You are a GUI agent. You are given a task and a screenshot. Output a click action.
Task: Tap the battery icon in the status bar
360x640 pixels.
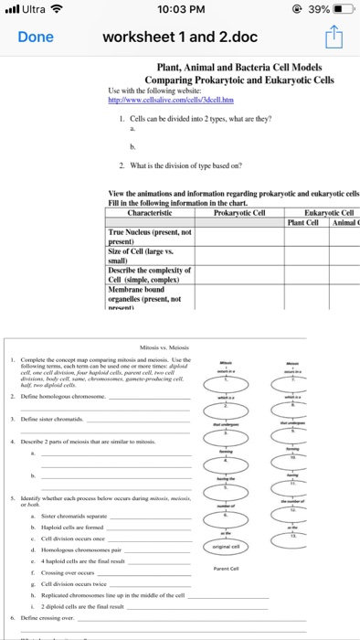click(x=345, y=10)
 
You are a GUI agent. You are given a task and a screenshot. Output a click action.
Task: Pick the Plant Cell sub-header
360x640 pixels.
click(x=306, y=221)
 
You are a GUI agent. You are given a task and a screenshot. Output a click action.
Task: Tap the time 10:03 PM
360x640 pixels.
click(x=179, y=10)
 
